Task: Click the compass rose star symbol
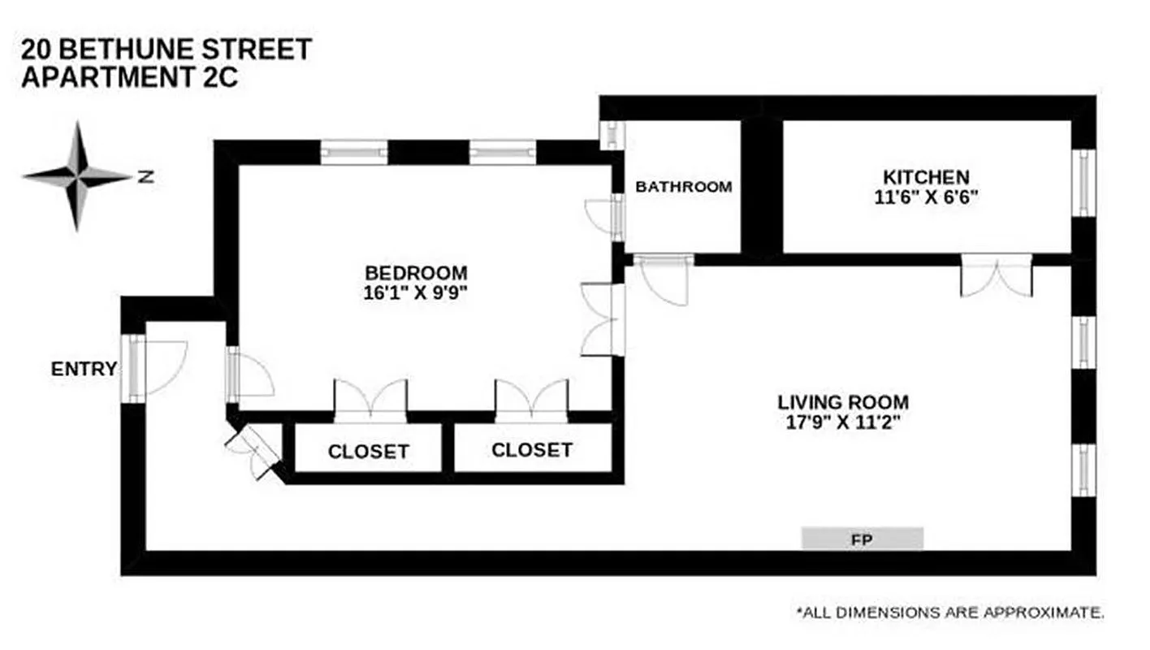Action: (x=78, y=175)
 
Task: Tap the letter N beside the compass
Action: (x=145, y=176)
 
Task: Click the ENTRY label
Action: (x=84, y=369)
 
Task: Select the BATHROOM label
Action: (x=683, y=186)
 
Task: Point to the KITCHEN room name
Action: (x=926, y=176)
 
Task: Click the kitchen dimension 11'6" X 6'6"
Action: (x=926, y=197)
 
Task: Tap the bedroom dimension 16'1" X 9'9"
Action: (x=416, y=292)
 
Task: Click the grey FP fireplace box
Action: (x=862, y=538)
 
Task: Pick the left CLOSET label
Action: (x=368, y=451)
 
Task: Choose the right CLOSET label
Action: (x=532, y=449)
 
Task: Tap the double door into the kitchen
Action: (x=997, y=276)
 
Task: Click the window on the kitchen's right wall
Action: (x=1083, y=184)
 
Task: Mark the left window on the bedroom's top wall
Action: (x=353, y=152)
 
